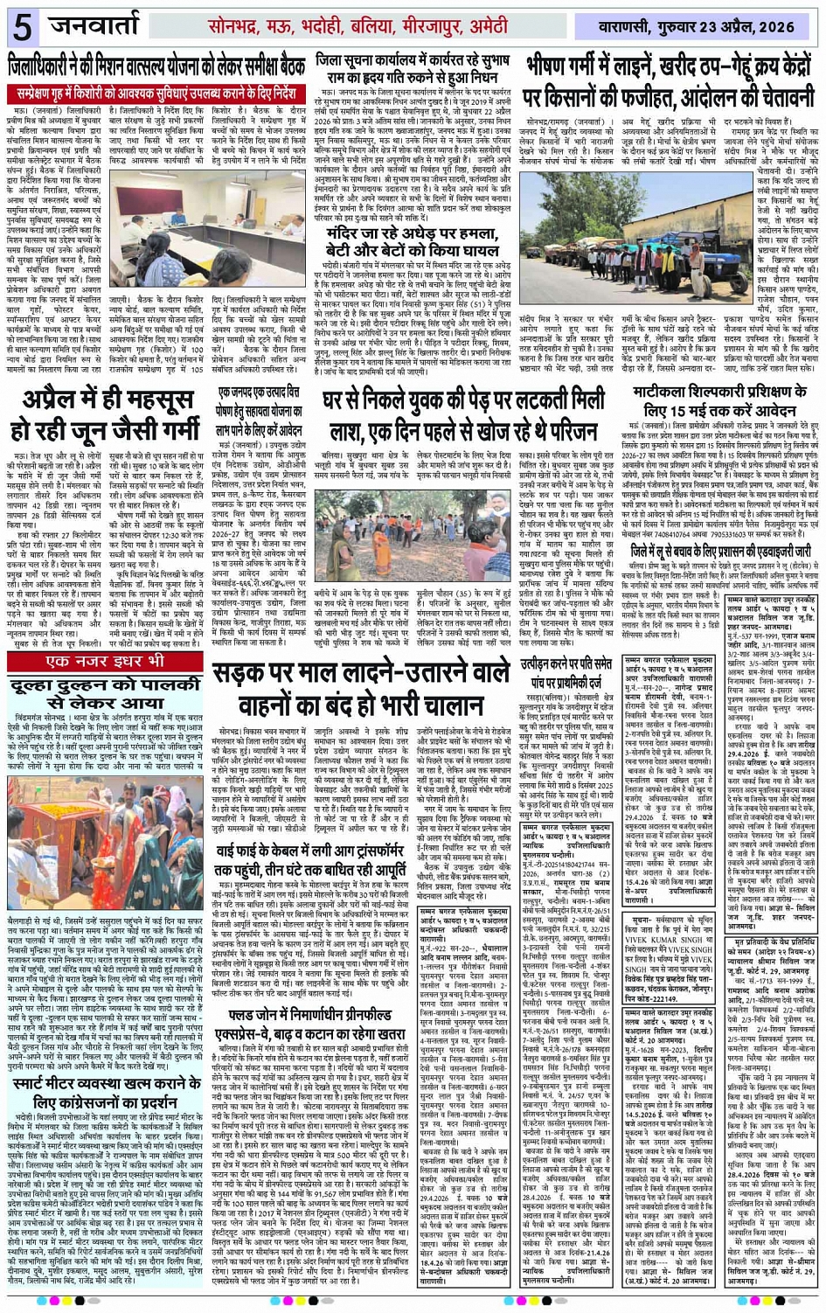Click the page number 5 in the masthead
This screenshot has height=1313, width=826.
coord(22,27)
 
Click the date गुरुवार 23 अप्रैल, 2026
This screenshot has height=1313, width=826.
coord(739,27)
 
